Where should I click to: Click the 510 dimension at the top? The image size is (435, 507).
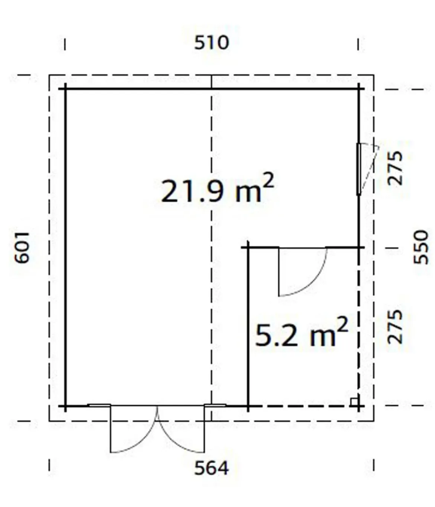click(211, 43)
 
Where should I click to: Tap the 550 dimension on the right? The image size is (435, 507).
click(421, 247)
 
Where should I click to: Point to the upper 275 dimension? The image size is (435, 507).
click(395, 168)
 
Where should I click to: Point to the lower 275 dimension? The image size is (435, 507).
click(395, 327)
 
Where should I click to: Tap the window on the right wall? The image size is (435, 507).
click(359, 169)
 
